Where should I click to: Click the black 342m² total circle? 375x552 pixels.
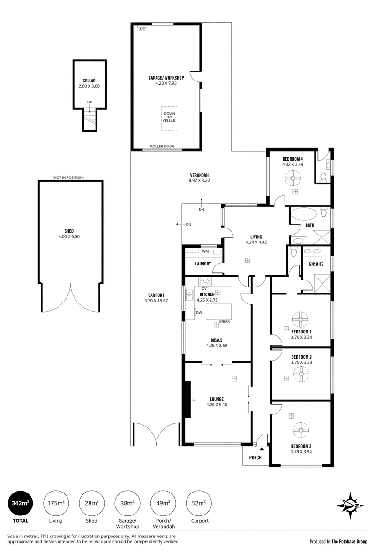point(21,503)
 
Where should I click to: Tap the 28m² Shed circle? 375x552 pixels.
point(91,503)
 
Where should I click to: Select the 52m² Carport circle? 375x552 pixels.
point(199,503)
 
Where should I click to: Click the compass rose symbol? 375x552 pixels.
point(350,506)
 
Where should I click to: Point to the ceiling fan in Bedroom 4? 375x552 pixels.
point(292,178)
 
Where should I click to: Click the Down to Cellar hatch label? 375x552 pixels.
point(169,117)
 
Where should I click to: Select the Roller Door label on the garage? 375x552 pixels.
point(162,147)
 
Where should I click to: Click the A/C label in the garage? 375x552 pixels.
point(142,29)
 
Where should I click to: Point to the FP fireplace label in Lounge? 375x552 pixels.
point(193,400)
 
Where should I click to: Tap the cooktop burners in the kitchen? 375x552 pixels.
point(205,281)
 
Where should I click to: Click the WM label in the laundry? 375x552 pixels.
point(205,251)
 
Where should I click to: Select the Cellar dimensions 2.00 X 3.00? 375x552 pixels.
point(89,86)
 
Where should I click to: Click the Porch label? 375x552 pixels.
point(255,457)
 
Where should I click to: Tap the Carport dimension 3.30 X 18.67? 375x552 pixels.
point(156,301)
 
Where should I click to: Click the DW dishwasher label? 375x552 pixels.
point(199,312)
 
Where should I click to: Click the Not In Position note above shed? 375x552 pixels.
point(68,178)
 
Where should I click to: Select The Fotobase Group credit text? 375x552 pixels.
point(349,541)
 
